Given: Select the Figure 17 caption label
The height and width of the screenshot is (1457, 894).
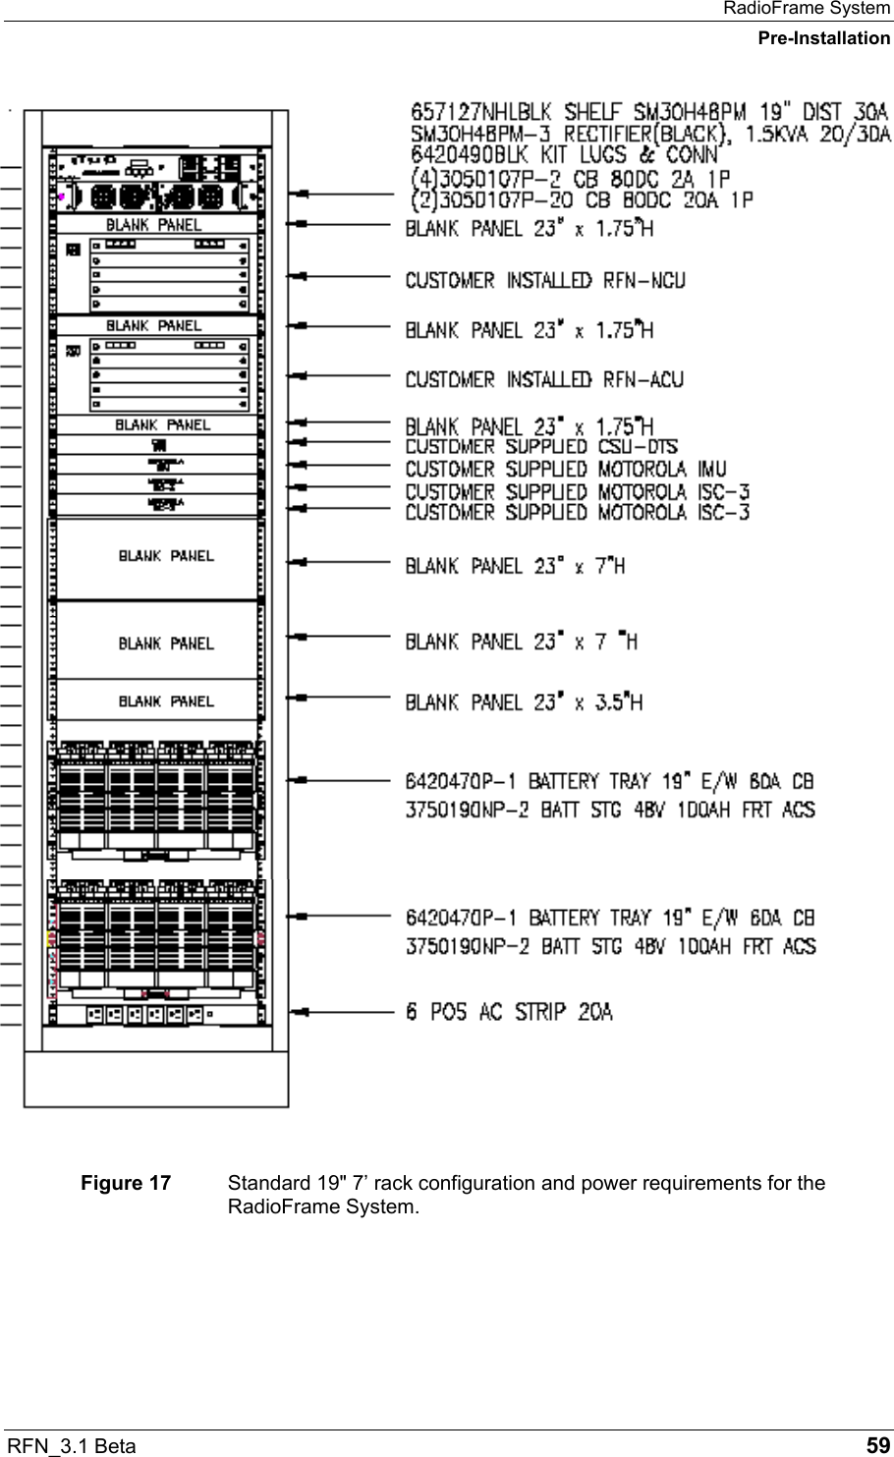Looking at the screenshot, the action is coord(125,1183).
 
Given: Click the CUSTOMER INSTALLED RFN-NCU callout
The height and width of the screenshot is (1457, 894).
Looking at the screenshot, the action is coord(545,281).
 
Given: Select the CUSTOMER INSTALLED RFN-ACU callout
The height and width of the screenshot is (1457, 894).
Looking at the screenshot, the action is coord(544,379).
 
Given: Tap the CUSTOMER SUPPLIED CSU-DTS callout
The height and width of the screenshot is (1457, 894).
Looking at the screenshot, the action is coord(541,447).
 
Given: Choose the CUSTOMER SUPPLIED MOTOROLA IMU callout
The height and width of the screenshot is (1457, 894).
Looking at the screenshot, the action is coord(566,469).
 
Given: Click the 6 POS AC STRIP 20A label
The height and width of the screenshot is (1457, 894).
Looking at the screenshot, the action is coord(509,1011).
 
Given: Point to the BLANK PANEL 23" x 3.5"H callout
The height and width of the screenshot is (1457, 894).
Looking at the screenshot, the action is coord(525,701).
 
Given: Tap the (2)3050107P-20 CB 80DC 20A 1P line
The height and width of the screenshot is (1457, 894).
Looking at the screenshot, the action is coord(580,199).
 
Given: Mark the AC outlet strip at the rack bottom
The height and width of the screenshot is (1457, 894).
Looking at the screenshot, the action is coord(151,1013).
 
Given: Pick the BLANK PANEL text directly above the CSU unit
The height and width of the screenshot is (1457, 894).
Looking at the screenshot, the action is coord(162,425).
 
